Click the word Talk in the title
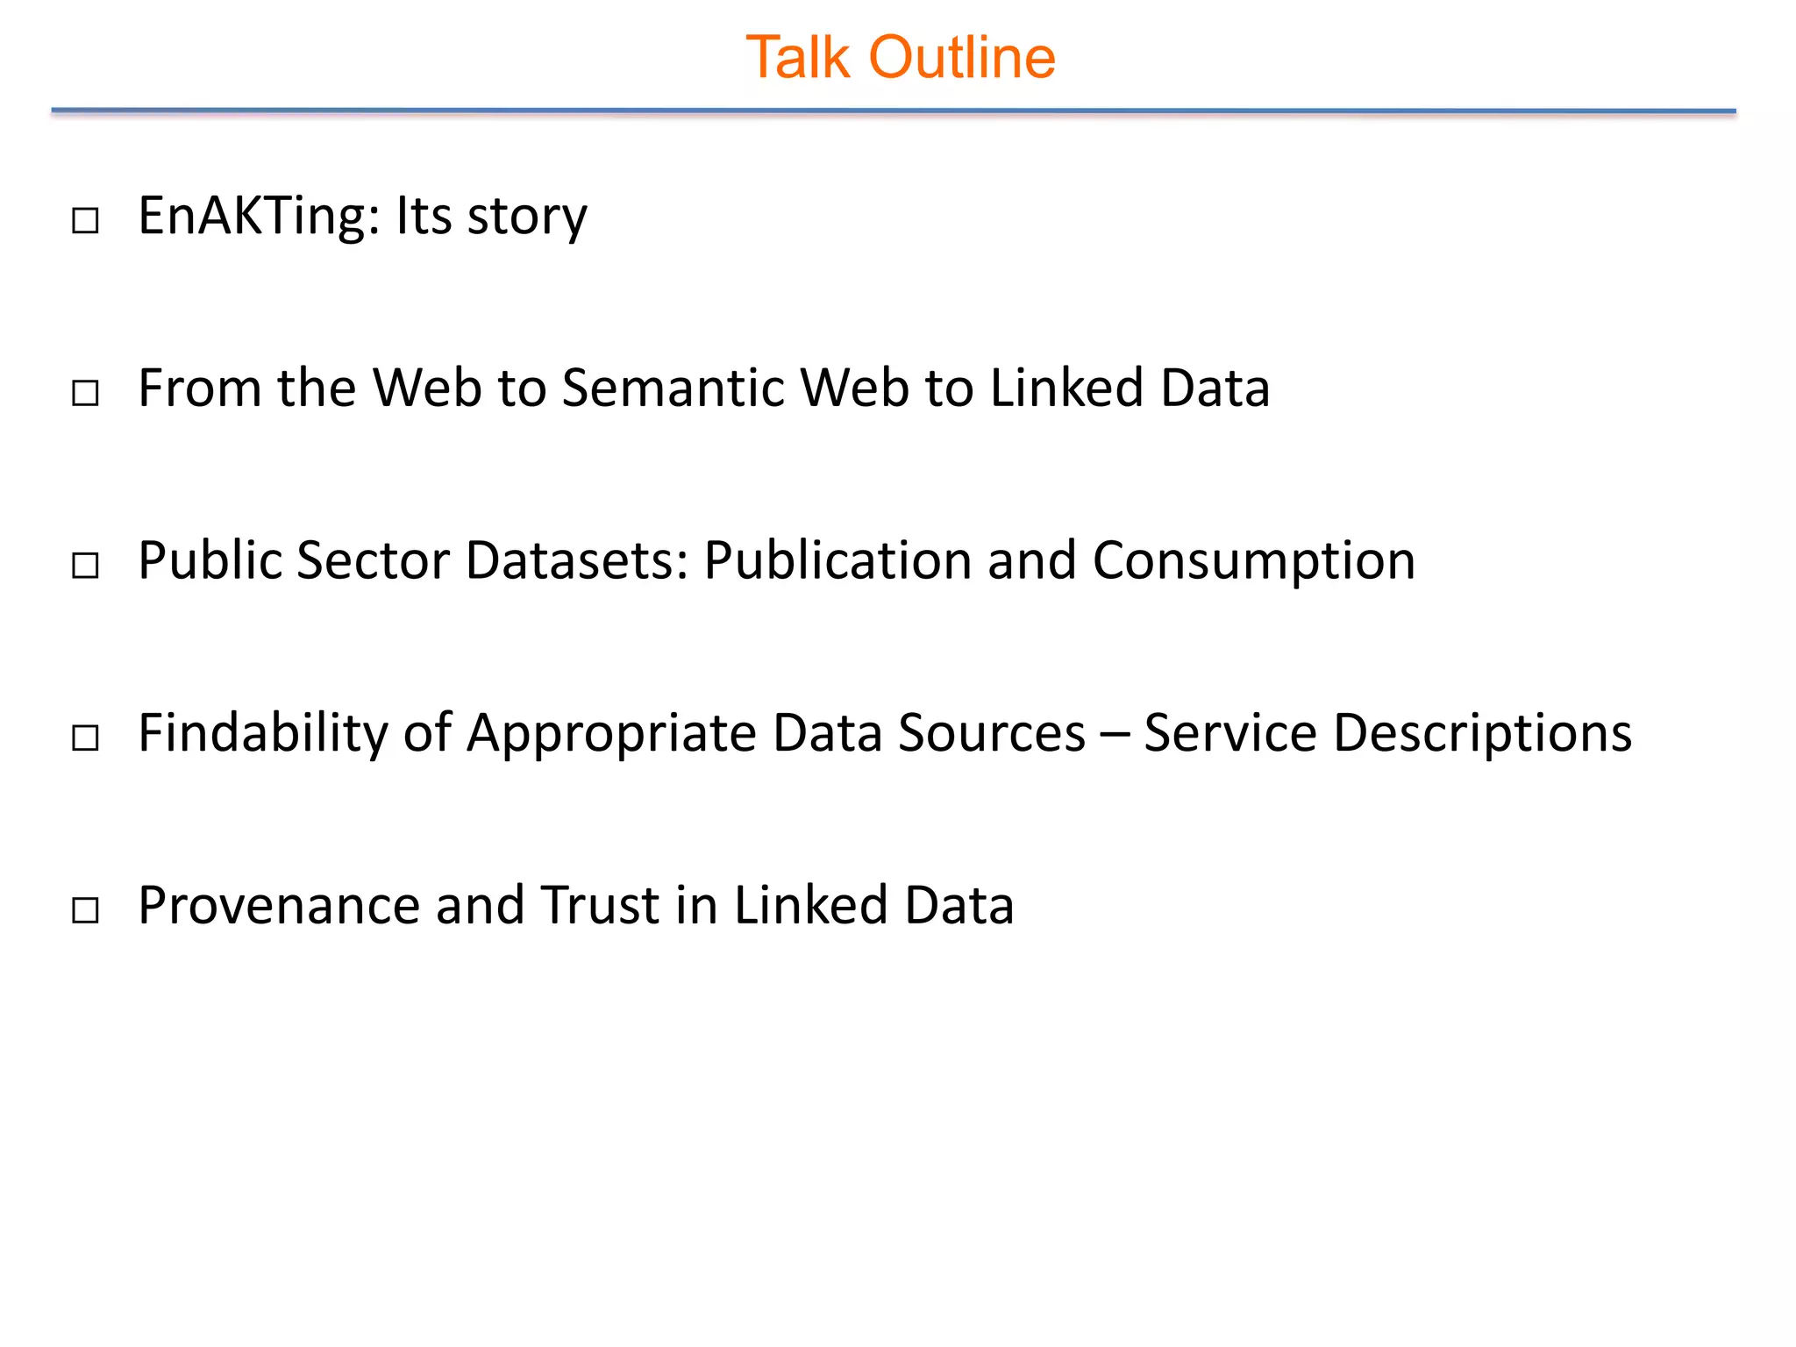click(x=797, y=58)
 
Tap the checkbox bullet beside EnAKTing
click(x=85, y=220)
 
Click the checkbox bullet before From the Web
click(x=85, y=392)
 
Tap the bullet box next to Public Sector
click(x=85, y=565)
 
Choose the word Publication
click(x=837, y=560)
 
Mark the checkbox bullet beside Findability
click(x=85, y=738)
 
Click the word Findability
click(x=263, y=733)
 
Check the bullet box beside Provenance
click(x=85, y=909)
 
